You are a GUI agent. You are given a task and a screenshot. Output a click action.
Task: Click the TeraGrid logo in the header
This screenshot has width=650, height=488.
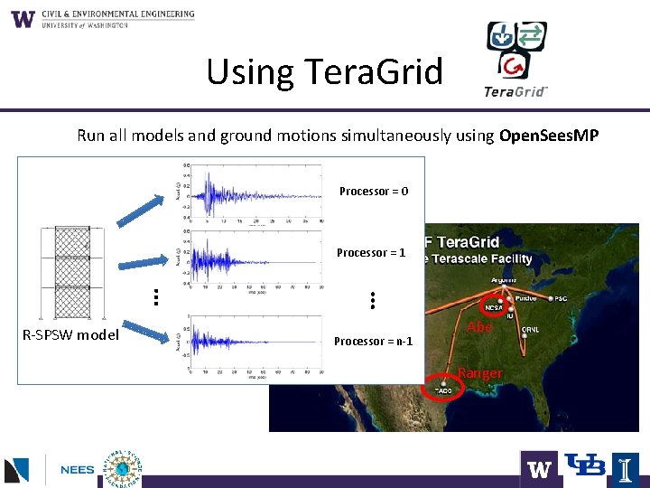tap(516, 60)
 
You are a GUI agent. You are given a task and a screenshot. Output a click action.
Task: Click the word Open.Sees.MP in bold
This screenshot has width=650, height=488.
tap(548, 136)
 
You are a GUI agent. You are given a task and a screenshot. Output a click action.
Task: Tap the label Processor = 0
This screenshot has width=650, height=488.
tap(373, 192)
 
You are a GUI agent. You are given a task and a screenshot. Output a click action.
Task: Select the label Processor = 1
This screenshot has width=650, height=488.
tap(371, 253)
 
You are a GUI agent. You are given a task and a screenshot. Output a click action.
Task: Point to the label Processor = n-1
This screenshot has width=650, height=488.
tap(373, 342)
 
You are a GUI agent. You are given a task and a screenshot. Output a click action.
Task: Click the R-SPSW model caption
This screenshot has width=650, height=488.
tap(70, 335)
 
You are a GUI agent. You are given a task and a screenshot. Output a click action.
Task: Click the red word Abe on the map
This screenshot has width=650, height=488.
tap(479, 327)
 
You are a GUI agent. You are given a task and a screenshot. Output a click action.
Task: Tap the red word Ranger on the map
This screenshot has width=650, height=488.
tap(480, 373)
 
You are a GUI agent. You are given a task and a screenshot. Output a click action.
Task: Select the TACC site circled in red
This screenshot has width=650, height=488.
tap(443, 389)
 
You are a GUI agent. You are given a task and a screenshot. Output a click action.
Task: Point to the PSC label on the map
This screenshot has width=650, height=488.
tap(561, 298)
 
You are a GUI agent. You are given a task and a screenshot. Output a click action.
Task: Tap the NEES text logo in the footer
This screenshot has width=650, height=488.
tap(77, 470)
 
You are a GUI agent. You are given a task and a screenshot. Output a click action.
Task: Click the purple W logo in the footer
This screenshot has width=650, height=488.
tap(539, 469)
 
